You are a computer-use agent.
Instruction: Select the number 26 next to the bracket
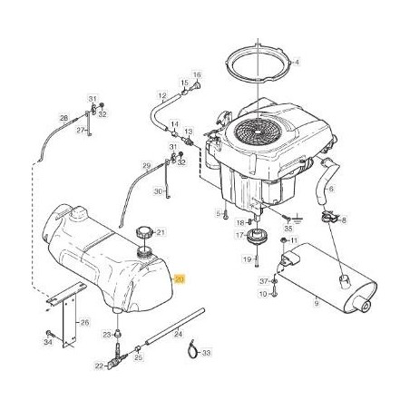(x=85, y=321)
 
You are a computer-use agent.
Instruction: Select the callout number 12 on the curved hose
(x=162, y=95)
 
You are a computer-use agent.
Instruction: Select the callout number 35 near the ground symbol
(x=288, y=231)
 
